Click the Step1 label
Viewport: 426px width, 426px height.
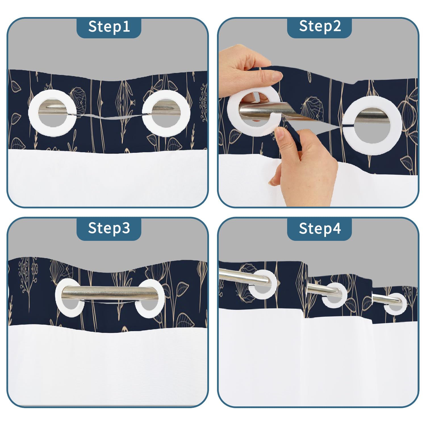[x=109, y=27]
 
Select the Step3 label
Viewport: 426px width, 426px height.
[x=109, y=228]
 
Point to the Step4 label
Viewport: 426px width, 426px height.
[x=320, y=228]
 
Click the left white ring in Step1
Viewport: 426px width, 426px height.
[x=34, y=114]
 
